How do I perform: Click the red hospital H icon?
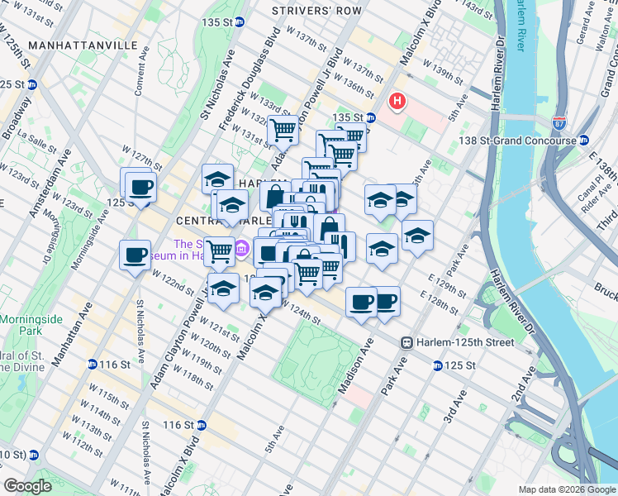pyautogui.click(x=398, y=102)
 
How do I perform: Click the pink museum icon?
pyautogui.click(x=241, y=247)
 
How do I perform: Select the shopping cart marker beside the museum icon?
pyautogui.click(x=220, y=250)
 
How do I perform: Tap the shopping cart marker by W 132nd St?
pyautogui.click(x=283, y=129)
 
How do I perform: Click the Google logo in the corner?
pyautogui.click(x=27, y=486)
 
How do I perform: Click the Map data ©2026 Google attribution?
pyautogui.click(x=567, y=489)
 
